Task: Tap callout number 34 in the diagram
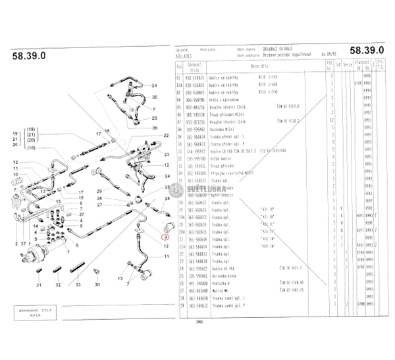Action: [154, 86]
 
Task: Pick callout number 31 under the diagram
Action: [39, 284]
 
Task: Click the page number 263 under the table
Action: [199, 321]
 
